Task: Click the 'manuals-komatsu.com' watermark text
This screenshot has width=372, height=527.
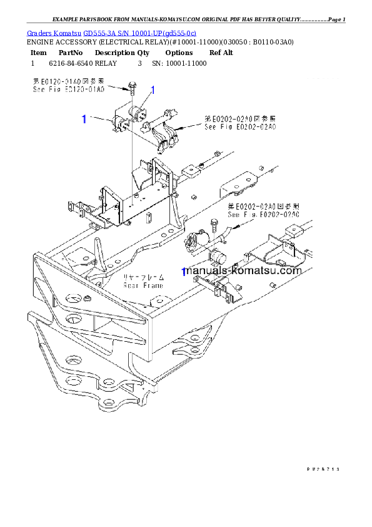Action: click(244, 271)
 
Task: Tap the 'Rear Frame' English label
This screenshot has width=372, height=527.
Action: click(143, 285)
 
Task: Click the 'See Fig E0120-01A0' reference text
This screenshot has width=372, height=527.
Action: click(69, 90)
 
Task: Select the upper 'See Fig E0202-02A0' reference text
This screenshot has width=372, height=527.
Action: click(240, 126)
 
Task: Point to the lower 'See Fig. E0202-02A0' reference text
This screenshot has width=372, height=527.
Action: click(263, 214)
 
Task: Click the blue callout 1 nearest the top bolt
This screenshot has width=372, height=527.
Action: click(153, 90)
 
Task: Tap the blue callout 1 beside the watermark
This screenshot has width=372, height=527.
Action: click(183, 273)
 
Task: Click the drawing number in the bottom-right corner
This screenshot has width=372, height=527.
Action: click(323, 468)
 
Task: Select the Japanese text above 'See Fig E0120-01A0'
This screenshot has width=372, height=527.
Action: click(69, 81)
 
